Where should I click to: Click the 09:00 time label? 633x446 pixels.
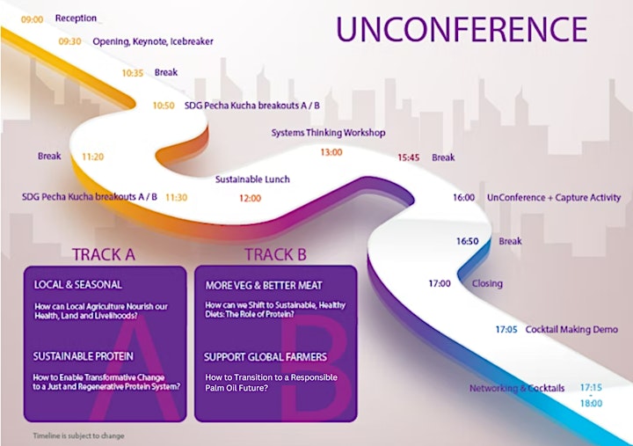coord(32,19)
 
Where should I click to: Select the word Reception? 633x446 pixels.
coord(76,18)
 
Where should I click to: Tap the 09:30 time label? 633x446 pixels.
coord(69,41)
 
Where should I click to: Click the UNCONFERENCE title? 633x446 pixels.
coord(462,30)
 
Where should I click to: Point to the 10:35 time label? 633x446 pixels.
coord(133,73)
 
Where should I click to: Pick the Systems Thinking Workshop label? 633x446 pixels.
coord(328,133)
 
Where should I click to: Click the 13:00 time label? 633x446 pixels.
coord(331,152)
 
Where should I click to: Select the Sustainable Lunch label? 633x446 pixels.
coord(252,179)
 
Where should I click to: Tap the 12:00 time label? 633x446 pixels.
coord(251,198)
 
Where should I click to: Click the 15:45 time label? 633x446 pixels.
coord(409,157)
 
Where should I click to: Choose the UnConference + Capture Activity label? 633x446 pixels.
coord(554,198)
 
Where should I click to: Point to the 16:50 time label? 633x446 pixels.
coord(468,241)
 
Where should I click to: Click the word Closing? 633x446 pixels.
coord(487,283)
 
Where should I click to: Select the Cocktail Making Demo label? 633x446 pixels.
coord(571,329)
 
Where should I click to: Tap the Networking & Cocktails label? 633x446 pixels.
coord(517,388)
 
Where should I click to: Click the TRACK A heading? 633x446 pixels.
coord(104,254)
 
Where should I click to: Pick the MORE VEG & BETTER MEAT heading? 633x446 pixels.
coord(264,286)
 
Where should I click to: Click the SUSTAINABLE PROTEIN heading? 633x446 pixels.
coord(84,356)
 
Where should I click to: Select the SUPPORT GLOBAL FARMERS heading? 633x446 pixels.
coord(266,357)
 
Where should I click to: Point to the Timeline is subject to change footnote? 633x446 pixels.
coord(79,436)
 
